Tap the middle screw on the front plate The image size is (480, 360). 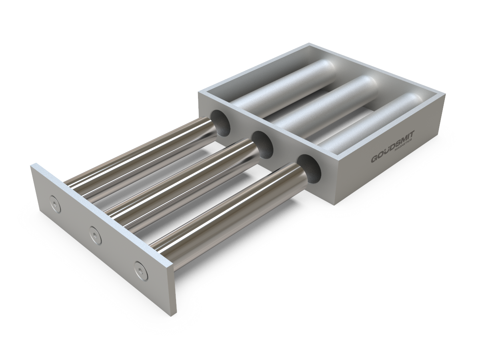[x=95, y=231]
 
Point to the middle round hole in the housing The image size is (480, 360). [x=262, y=144]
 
